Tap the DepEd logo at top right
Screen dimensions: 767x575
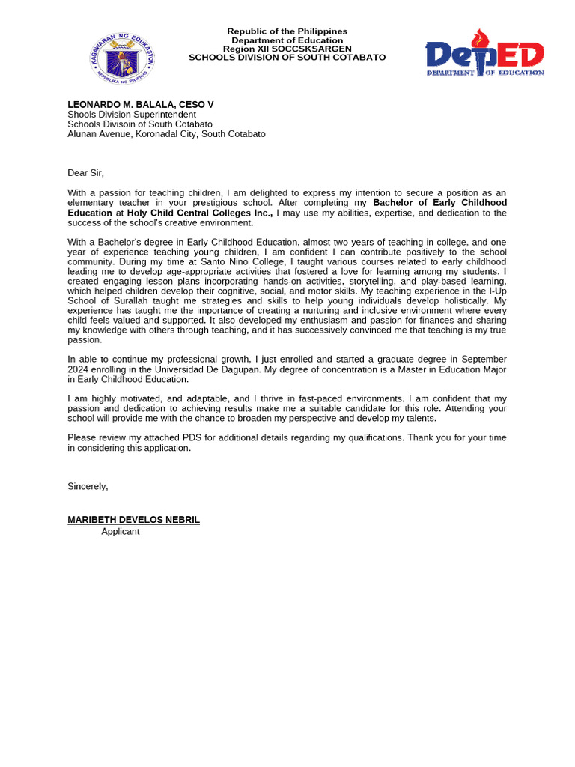[484, 54]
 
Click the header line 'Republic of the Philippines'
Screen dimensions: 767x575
[287, 31]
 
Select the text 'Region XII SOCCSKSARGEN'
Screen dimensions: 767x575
[287, 49]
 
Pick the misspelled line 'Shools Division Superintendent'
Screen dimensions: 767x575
[132, 115]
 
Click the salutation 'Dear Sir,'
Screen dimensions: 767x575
[85, 173]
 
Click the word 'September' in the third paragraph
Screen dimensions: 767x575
[483, 360]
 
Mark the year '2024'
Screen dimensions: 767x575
[78, 369]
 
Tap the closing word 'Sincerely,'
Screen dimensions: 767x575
[88, 486]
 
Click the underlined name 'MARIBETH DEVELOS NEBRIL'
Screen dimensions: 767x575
[133, 520]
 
